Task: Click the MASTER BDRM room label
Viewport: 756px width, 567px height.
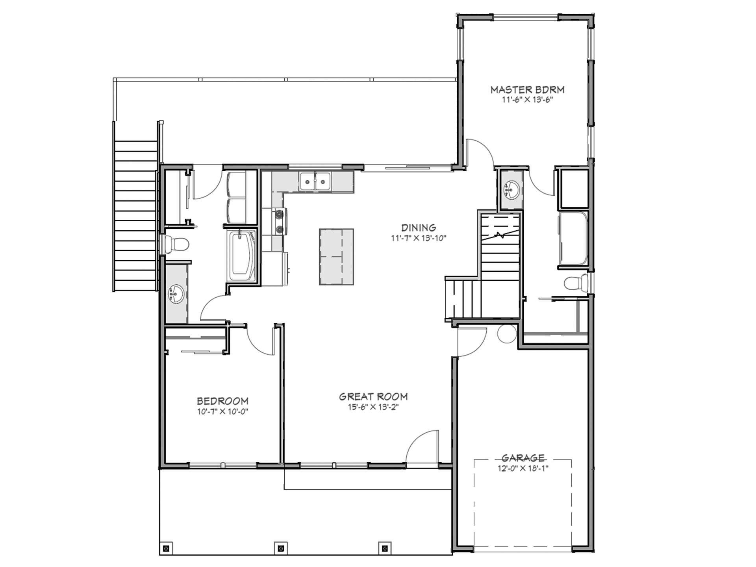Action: (x=527, y=90)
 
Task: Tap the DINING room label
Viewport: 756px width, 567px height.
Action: (x=419, y=228)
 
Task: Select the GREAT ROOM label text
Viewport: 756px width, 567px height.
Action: (x=373, y=397)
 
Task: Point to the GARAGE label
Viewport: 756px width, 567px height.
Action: (x=523, y=458)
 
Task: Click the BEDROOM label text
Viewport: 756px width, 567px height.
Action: (x=222, y=401)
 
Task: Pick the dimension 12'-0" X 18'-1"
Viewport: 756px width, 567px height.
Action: (x=523, y=469)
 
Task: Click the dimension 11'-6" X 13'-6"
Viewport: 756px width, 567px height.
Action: (x=527, y=100)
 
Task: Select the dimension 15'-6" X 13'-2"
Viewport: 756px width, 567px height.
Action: (x=373, y=407)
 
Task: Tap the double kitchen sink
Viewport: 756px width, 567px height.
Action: (x=315, y=182)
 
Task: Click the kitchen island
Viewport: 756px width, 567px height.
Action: (x=336, y=257)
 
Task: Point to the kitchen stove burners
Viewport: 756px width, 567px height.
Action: (x=279, y=221)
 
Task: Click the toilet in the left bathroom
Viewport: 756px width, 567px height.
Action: (x=176, y=244)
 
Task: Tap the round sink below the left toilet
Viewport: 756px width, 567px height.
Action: (x=176, y=294)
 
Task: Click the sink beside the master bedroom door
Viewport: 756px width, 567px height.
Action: (x=511, y=189)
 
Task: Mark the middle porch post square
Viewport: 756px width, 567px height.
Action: (x=281, y=548)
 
